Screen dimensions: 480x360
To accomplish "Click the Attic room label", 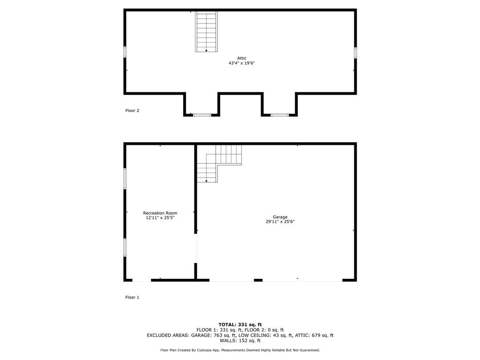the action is coord(241,58).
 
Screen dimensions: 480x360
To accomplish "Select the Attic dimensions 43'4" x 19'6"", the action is coord(241,63).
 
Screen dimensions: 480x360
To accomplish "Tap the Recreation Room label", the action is coord(160,213).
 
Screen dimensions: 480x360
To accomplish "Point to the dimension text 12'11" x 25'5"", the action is coord(160,217).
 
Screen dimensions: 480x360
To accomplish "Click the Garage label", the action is coord(280,217).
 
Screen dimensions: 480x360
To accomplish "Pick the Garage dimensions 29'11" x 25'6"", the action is coord(280,222).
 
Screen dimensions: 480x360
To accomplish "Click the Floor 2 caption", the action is coord(132,111).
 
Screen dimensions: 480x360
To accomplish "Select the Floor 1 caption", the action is coord(132,297).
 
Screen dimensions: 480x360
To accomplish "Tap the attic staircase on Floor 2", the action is coord(206,31).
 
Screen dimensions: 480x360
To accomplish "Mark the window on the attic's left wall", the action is coord(125,52).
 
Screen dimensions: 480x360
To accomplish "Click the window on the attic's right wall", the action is coord(355,52).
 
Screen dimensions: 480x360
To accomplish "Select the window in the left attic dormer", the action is coord(202,115).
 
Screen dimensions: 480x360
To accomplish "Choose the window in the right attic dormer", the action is coord(279,115).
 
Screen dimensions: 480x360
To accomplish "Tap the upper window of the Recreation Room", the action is coord(125,179).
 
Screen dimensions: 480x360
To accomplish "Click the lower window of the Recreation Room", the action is coord(125,247).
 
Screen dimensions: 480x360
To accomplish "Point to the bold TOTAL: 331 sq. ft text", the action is coord(240,324).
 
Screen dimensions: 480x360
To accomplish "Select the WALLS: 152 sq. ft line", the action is coord(240,341).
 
